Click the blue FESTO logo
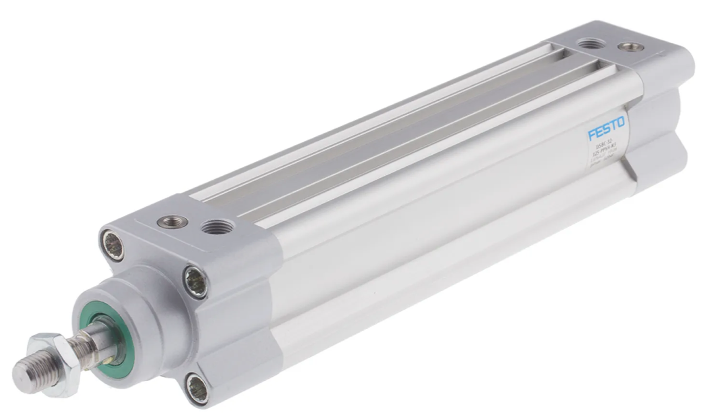click(606, 128)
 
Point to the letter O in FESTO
click(621, 123)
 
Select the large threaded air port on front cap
click(218, 226)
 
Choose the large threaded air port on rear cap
click(590, 43)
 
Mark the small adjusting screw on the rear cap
click(631, 47)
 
